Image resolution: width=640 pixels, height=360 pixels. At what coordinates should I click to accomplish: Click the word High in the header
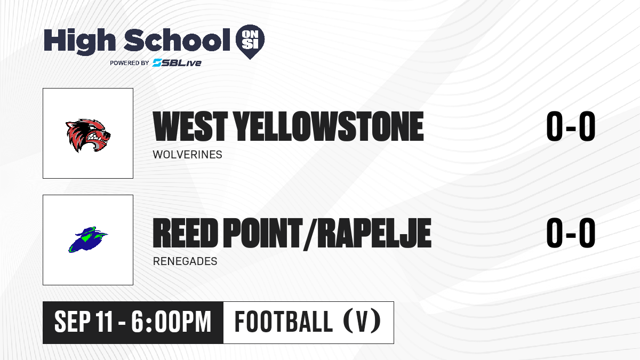(79, 42)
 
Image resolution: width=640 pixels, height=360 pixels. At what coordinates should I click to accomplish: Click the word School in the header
(177, 39)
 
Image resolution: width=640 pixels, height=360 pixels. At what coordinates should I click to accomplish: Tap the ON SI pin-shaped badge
(250, 42)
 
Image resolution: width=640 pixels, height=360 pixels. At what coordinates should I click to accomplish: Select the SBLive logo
(177, 62)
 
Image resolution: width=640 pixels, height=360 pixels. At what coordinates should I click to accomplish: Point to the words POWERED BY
(130, 63)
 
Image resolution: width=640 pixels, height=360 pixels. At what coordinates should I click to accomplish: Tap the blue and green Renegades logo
(88, 239)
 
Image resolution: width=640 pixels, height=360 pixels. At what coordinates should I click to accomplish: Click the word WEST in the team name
(190, 126)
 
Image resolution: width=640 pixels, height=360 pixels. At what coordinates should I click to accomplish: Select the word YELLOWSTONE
(329, 126)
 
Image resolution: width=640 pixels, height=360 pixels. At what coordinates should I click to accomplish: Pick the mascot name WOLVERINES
(187, 155)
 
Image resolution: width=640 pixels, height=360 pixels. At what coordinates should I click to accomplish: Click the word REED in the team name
(186, 233)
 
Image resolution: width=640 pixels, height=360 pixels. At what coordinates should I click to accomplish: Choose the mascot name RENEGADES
(185, 261)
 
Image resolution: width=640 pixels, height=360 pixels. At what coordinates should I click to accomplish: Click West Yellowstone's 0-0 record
(571, 126)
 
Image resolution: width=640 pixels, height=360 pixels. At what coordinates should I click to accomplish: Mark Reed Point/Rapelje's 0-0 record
(571, 233)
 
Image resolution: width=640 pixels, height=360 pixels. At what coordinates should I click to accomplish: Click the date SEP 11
(83, 322)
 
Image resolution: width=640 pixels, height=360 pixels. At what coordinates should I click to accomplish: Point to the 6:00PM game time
(171, 322)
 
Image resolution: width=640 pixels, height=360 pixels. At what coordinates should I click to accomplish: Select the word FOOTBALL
(284, 322)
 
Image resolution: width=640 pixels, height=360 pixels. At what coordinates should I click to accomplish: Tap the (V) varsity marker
(362, 322)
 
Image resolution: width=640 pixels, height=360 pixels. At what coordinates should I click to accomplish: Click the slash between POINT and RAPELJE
(310, 234)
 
